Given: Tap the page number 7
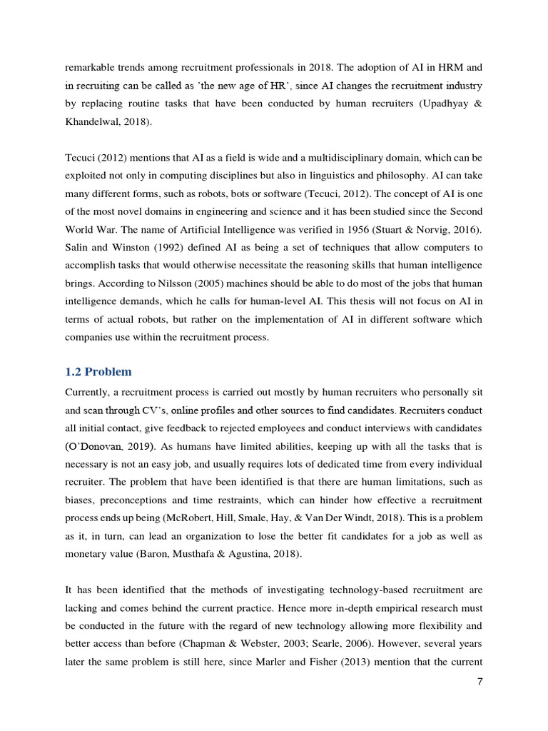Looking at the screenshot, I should tap(480, 682).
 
